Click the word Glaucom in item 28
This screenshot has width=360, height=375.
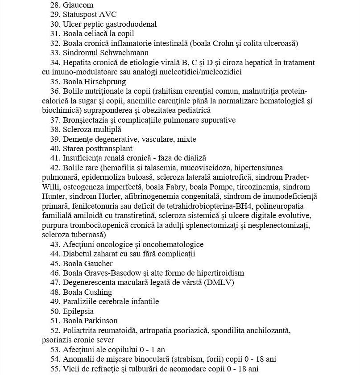point(79,5)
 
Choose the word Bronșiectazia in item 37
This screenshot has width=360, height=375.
point(84,120)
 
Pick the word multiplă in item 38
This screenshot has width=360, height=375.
point(106,129)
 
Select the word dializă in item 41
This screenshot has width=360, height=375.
point(194,158)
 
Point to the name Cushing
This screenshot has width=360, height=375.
point(98,293)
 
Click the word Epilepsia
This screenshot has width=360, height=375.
point(79,311)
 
